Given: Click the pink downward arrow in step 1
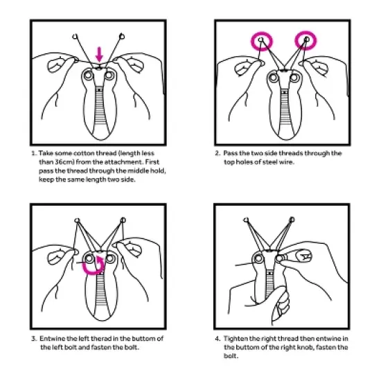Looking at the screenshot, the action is click(x=99, y=54).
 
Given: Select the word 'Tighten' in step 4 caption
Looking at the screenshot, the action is click(x=236, y=339).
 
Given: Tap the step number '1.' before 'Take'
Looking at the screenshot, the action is click(x=34, y=153).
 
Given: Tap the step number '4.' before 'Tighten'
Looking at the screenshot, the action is click(x=218, y=339).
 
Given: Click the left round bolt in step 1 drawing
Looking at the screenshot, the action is click(x=89, y=76).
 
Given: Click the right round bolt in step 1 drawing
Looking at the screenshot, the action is click(x=109, y=76).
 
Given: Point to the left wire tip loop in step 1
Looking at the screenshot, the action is click(x=75, y=37).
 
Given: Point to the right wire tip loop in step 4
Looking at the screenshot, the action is click(x=292, y=220).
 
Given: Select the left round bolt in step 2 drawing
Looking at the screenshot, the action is click(x=274, y=78).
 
